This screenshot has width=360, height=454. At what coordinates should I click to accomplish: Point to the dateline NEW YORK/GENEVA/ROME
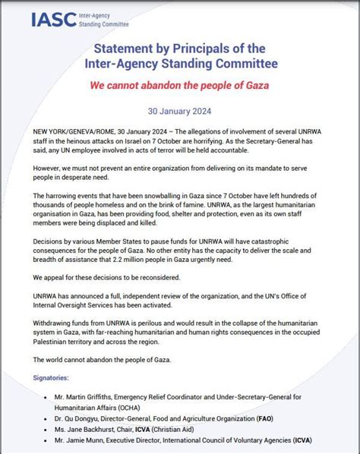pyautogui.click(x=65, y=132)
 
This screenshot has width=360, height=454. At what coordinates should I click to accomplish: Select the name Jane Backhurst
pyautogui.click(x=94, y=427)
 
